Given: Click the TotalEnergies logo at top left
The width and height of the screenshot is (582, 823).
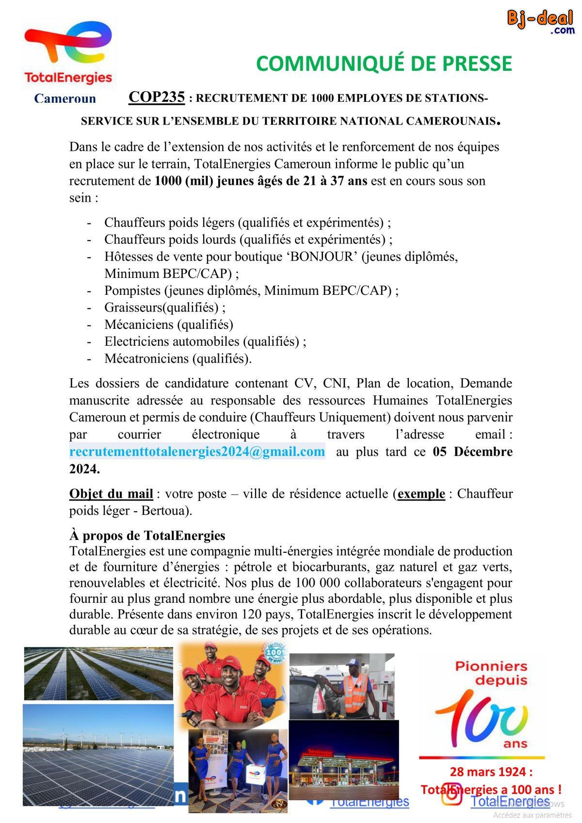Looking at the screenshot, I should [x=68, y=53].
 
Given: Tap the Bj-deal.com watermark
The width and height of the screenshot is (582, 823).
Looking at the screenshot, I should [x=540, y=22].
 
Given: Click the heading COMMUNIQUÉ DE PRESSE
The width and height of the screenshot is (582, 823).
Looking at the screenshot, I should [x=384, y=64].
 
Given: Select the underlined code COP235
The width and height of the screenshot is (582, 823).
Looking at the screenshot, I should [x=157, y=97].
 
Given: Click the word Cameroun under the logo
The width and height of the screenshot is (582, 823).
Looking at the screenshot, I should [x=65, y=98].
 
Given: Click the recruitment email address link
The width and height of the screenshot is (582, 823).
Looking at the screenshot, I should [x=197, y=452].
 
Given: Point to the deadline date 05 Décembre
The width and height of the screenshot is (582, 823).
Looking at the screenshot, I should [x=472, y=452].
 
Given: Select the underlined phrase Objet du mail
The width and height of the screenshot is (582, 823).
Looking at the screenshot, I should [x=111, y=494].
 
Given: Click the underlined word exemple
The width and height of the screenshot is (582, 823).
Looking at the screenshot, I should [x=421, y=494].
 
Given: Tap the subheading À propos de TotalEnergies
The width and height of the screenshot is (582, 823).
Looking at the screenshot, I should [x=147, y=535].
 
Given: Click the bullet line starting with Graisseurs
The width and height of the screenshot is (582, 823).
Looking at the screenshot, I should [x=165, y=307].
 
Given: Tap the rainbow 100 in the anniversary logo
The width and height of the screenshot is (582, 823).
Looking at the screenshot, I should [x=481, y=714].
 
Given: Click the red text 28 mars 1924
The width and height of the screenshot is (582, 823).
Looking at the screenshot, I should [x=491, y=772].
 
